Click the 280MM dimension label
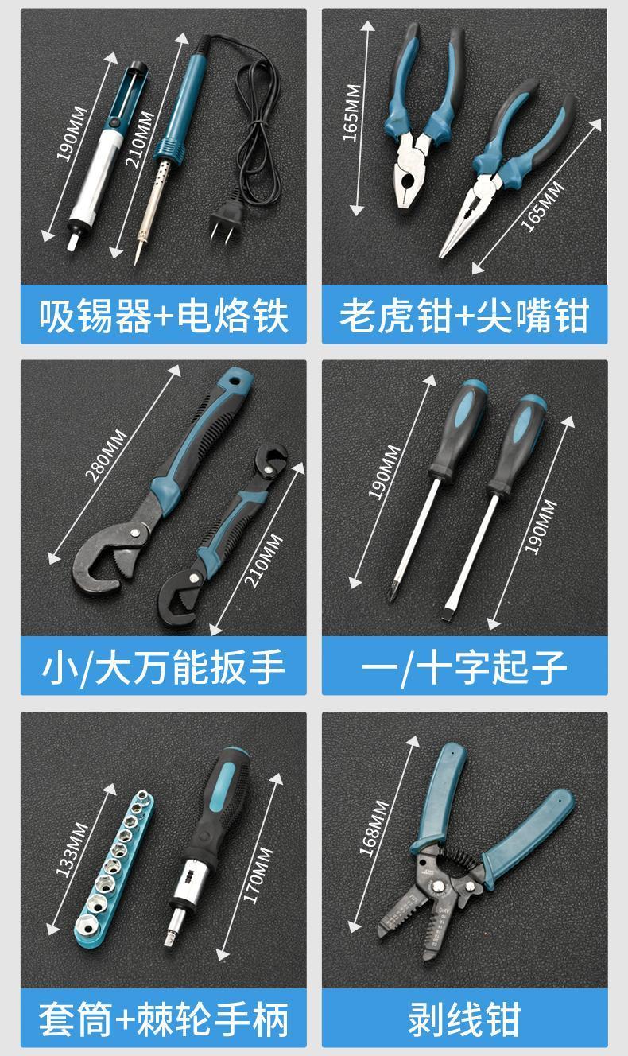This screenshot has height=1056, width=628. [x=106, y=456]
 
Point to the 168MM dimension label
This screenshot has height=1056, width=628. [x=374, y=828]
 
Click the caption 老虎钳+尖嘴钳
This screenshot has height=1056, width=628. [x=464, y=315]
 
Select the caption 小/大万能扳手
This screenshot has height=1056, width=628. [x=163, y=666]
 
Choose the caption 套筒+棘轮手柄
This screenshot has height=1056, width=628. [x=163, y=1019]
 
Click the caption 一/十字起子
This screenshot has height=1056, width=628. [x=464, y=666]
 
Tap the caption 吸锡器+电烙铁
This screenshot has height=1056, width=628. [x=163, y=315]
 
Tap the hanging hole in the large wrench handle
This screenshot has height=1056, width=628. [x=240, y=378]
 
